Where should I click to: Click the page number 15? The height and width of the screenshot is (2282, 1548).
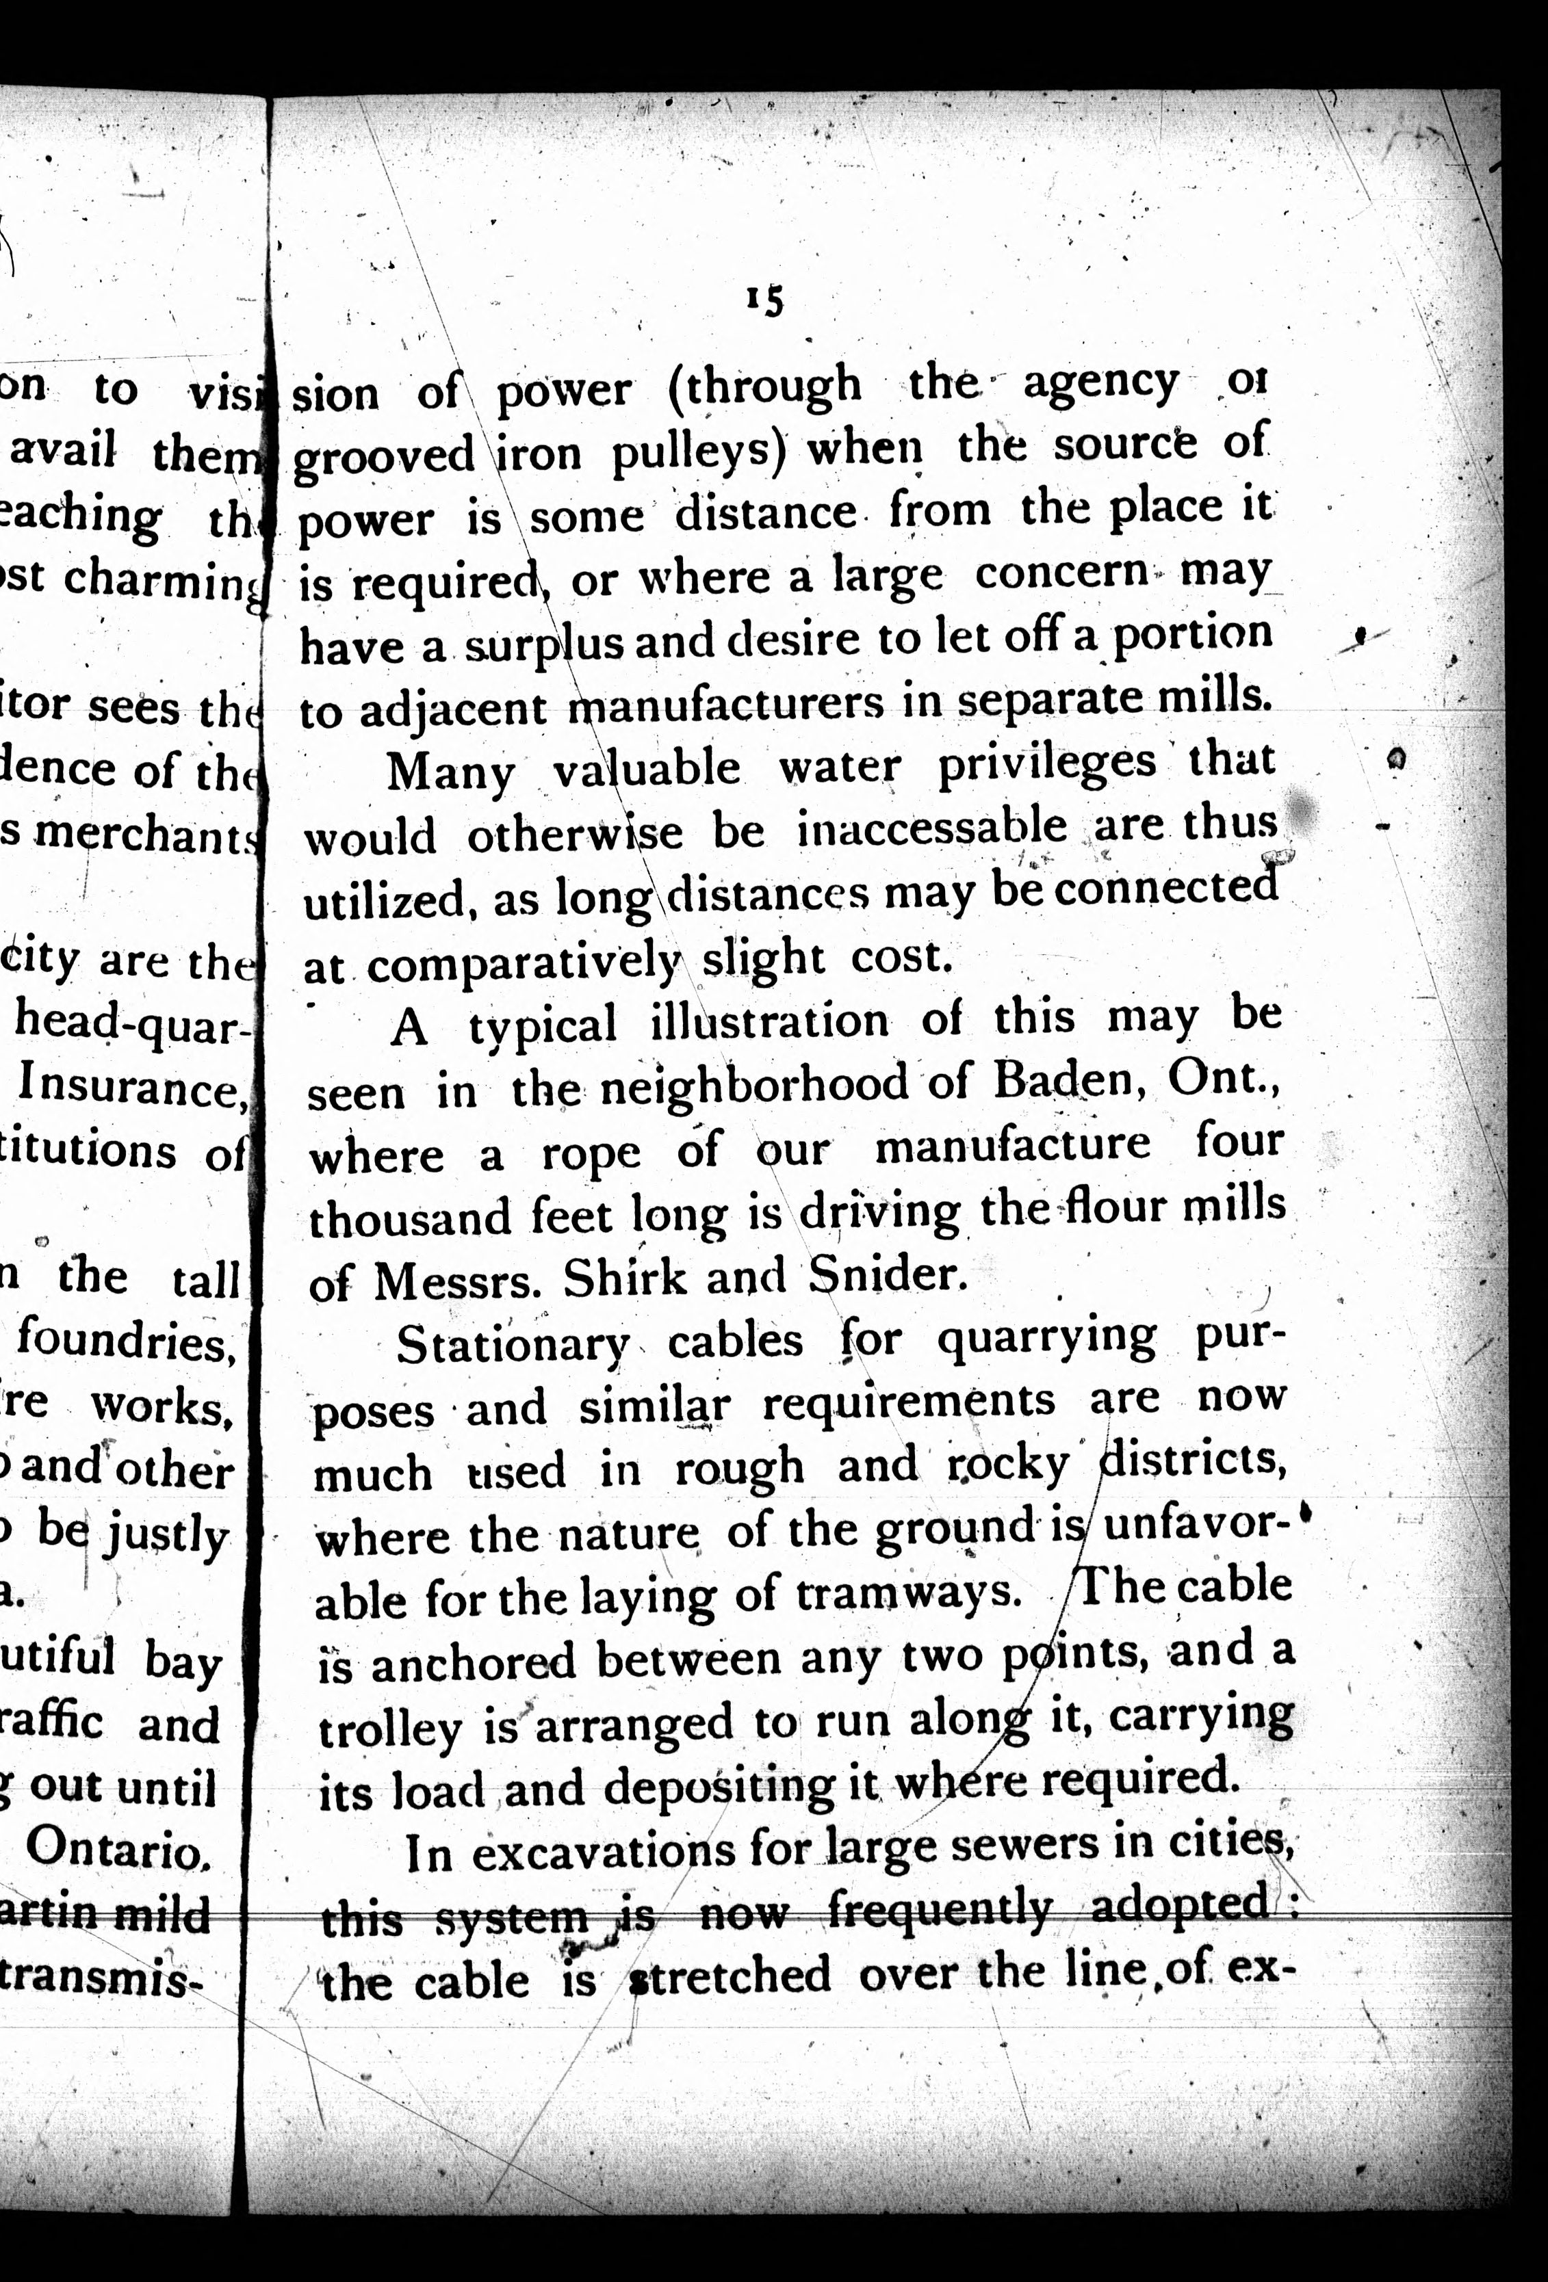click(765, 300)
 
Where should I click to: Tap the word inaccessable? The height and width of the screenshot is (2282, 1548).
click(931, 828)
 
